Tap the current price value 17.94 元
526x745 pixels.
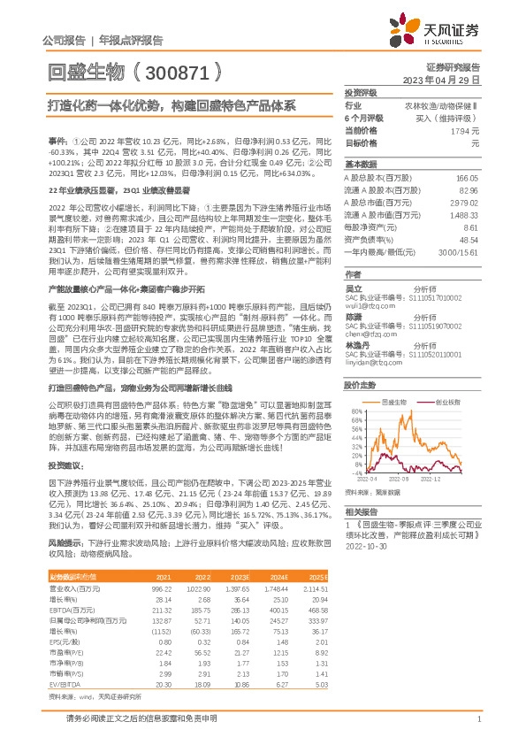[x=463, y=130]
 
